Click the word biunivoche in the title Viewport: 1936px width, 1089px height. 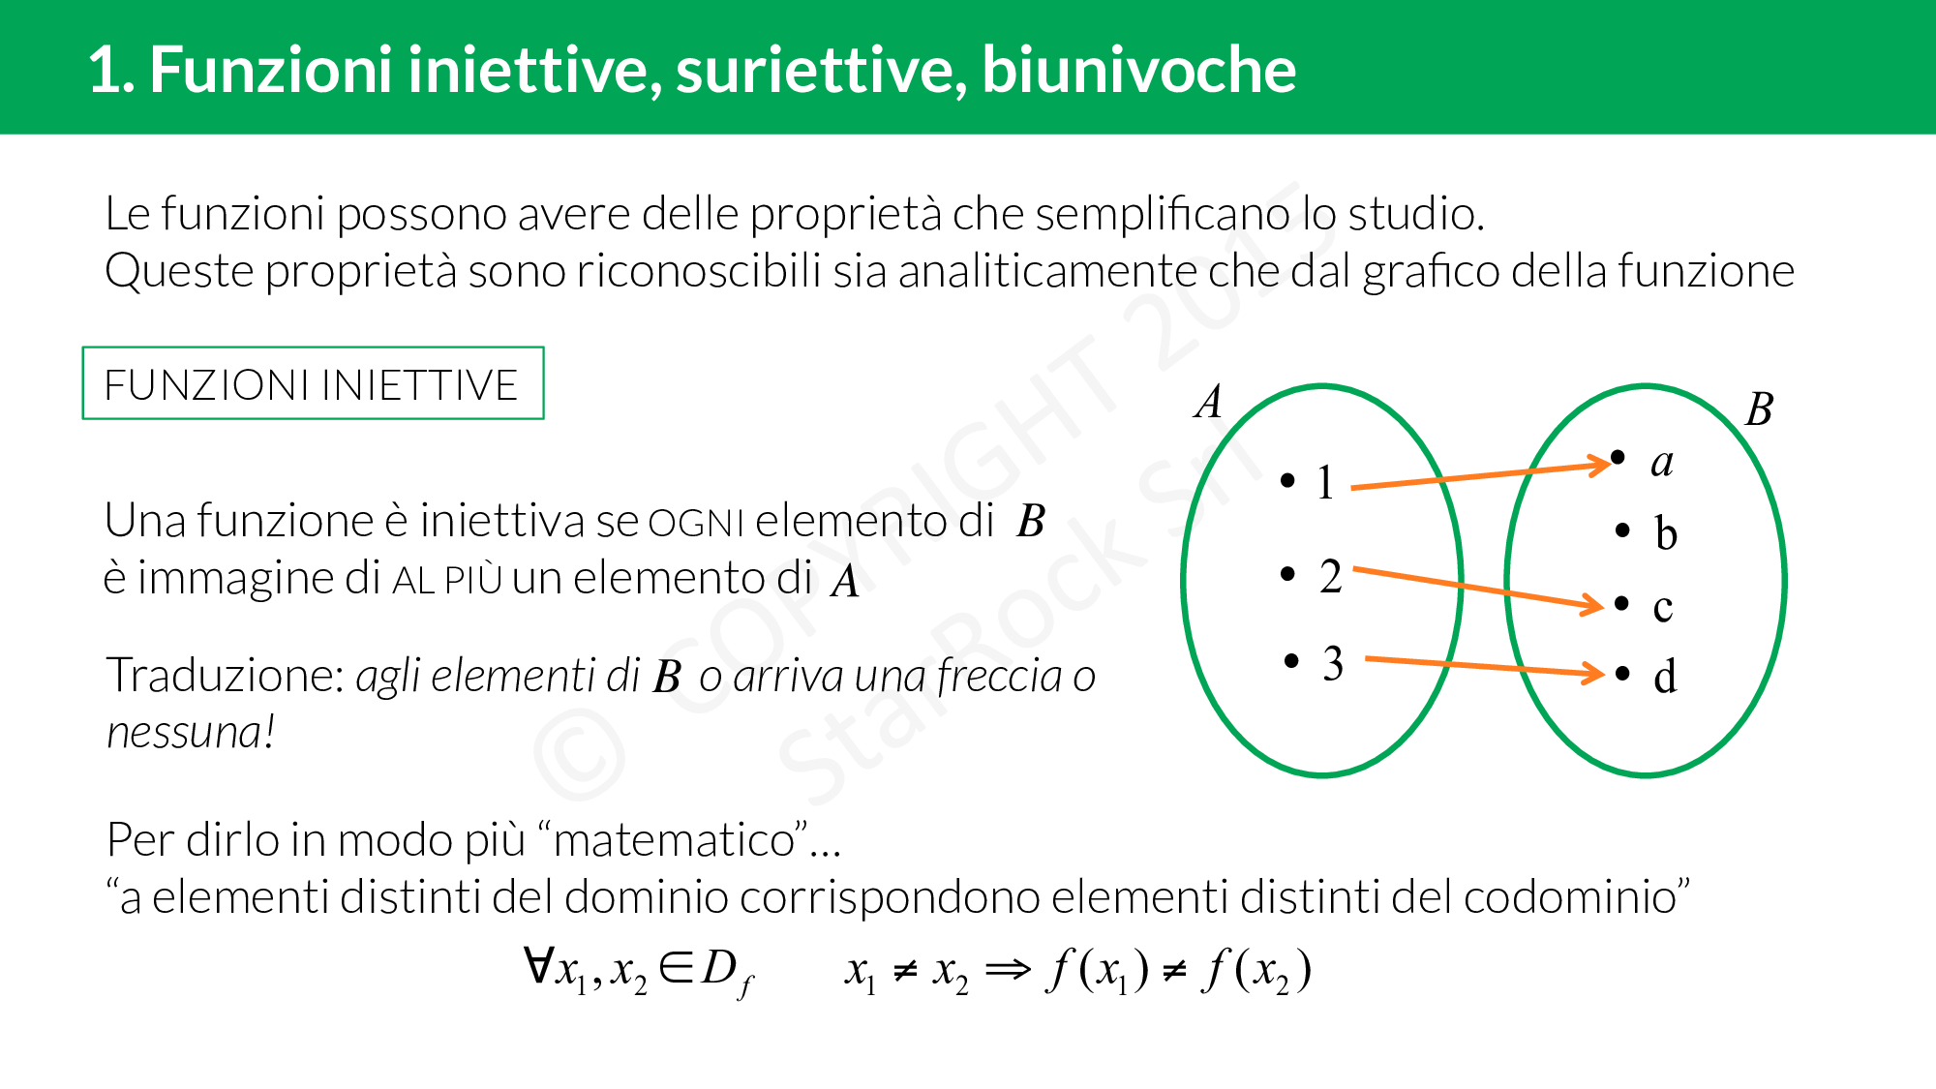pos(1138,70)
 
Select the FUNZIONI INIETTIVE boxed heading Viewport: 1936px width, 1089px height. pos(312,384)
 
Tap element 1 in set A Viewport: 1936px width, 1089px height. pos(1324,482)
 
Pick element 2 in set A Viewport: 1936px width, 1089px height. pos(1330,576)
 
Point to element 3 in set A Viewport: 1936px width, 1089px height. pos(1332,664)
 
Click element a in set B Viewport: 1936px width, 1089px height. pos(1661,463)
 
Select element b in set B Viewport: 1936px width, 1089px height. pos(1665,532)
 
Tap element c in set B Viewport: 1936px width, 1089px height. pos(1662,607)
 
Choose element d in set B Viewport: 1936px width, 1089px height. pos(1665,677)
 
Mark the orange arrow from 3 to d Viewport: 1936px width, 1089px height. pos(1481,666)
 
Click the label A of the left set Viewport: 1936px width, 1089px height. pos(1208,402)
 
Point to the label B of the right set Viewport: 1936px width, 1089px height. pos(1759,409)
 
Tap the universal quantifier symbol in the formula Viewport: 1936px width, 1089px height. pos(538,965)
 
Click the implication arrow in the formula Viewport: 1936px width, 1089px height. pos(1008,969)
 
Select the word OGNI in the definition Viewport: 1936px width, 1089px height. pos(695,524)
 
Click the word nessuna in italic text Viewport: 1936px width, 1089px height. pos(184,733)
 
